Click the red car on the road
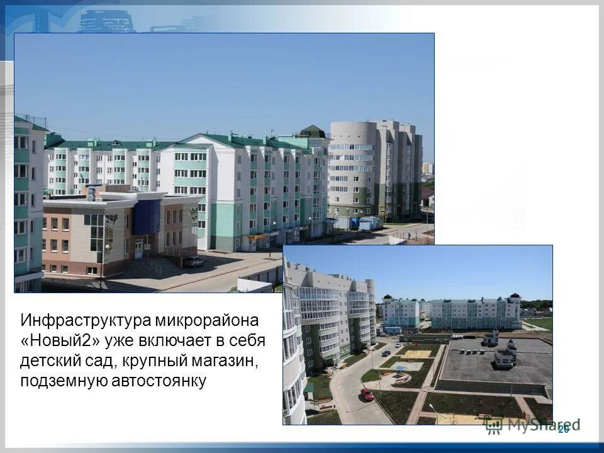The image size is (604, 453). (367, 394)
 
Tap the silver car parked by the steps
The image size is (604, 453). (194, 261)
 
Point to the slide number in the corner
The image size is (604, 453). (563, 429)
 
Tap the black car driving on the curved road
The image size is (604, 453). (386, 353)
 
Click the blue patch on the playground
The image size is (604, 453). (400, 368)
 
